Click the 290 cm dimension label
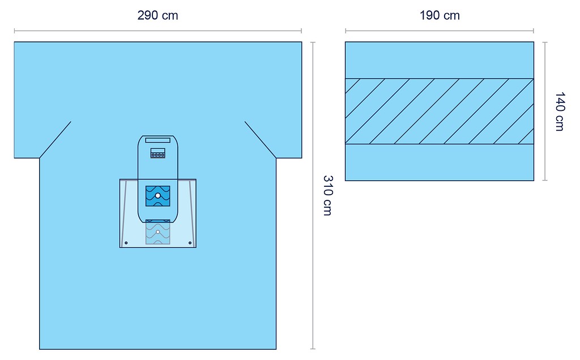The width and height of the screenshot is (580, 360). click(x=157, y=15)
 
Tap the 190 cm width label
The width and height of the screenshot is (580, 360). click(x=440, y=15)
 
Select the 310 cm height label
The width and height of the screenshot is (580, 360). click(x=328, y=195)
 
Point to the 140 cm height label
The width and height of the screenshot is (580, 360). click(x=560, y=112)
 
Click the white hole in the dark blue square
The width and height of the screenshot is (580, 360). click(x=157, y=195)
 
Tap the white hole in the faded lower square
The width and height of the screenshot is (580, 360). click(x=158, y=232)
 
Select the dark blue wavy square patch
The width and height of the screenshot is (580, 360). click(x=157, y=196)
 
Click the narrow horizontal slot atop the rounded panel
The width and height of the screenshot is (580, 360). click(x=157, y=140)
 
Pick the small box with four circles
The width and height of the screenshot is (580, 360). click(x=157, y=153)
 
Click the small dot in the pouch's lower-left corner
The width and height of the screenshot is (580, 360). click(x=126, y=243)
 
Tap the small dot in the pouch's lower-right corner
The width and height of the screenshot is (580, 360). click(x=190, y=243)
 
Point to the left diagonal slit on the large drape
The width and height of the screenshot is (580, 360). click(x=55, y=140)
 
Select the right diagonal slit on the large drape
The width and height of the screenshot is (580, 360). click(x=261, y=140)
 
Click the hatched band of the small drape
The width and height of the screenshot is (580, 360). click(x=440, y=112)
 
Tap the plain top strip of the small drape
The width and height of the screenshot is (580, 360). click(x=440, y=60)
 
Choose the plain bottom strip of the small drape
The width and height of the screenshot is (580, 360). click(x=440, y=162)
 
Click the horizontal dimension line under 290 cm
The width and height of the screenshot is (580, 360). click(x=158, y=31)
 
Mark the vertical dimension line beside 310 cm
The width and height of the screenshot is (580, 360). click(x=313, y=195)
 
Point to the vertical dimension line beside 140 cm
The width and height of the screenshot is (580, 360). click(x=545, y=112)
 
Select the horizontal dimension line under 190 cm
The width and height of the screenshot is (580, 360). click(x=440, y=31)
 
